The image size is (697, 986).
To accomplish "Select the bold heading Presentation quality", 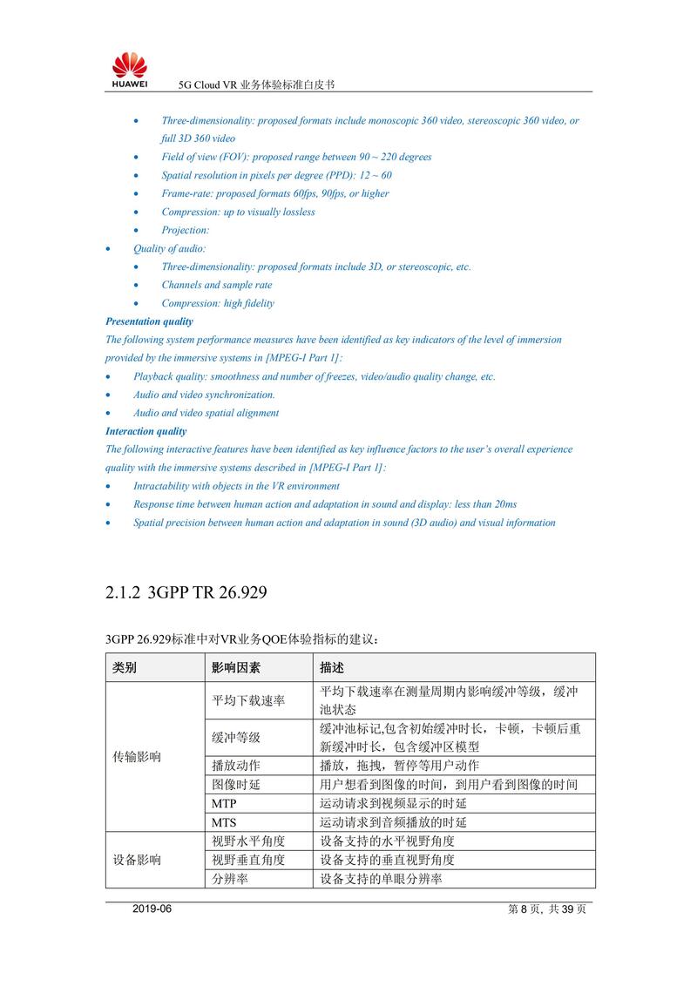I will (149, 321).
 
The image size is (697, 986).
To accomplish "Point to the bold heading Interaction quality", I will (145, 431).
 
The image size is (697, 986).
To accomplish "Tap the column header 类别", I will (125, 668).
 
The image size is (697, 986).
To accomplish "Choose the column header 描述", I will (332, 668).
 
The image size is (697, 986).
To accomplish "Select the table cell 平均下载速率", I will (248, 700).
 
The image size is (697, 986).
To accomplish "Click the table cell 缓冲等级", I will (236, 738).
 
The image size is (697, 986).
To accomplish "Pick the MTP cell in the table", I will (224, 803).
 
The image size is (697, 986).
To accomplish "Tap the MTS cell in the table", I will (224, 822).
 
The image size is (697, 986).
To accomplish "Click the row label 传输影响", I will (137, 757).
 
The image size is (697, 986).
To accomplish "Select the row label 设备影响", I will (137, 860).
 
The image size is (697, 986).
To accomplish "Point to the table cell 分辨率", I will (230, 879).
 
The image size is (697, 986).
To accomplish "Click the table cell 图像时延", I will (236, 785).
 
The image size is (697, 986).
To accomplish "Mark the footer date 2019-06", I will (153, 909).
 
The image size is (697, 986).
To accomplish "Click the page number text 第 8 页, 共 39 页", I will (546, 909).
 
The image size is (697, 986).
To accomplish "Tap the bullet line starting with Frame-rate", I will (275, 193).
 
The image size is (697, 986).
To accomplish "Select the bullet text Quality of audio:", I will (170, 248).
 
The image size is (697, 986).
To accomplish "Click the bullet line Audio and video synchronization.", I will (204, 395).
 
